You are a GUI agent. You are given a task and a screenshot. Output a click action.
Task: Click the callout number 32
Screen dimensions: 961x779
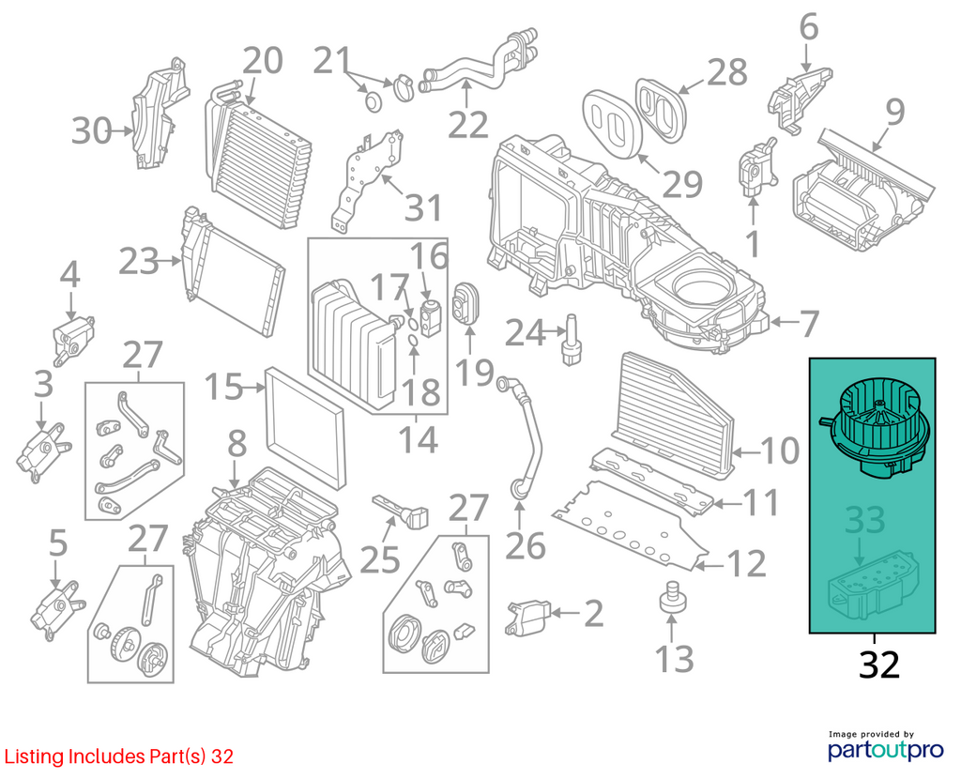878,664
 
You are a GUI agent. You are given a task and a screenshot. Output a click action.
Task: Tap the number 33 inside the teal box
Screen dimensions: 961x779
864,520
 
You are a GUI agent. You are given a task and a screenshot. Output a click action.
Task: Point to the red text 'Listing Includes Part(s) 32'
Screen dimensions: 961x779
118,756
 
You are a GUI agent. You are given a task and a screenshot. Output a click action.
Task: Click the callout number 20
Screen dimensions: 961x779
263,61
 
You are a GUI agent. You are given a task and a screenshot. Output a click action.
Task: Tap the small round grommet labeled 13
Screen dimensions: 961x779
672,595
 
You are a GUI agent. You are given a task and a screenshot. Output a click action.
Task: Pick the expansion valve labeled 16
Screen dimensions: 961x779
430,317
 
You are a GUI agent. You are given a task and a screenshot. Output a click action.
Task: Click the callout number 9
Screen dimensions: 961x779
894,113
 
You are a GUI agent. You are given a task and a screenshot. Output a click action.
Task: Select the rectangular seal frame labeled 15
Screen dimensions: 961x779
305,428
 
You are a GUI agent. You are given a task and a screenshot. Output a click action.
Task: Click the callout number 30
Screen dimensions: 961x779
91,131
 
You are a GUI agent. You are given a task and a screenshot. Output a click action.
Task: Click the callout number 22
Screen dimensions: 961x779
467,126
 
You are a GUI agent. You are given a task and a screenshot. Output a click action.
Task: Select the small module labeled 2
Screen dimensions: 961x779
527,619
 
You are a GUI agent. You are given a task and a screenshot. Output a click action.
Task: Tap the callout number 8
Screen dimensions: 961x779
236,443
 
